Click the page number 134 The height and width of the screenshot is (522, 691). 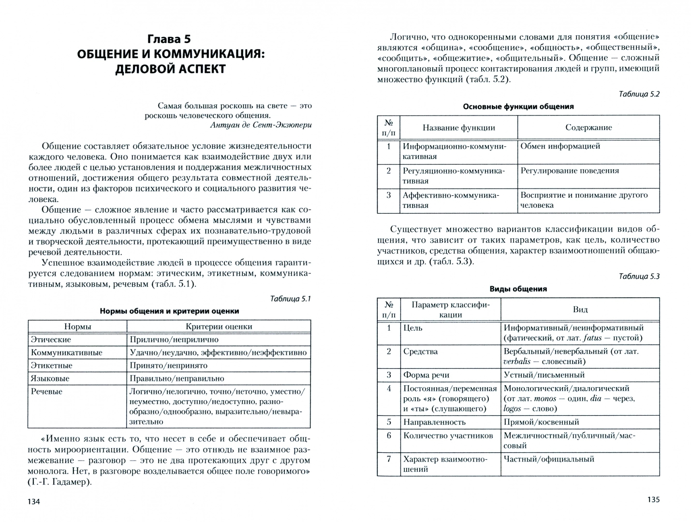[34, 502]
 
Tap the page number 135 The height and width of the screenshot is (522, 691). [653, 500]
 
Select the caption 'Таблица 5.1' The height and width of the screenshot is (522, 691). [290, 299]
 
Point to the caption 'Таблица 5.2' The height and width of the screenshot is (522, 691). [639, 94]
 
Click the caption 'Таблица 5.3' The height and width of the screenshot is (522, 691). [639, 276]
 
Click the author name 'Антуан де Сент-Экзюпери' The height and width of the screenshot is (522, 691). [261, 125]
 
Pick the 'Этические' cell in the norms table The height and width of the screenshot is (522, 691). [51, 340]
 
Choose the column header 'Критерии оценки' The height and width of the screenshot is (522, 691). [219, 327]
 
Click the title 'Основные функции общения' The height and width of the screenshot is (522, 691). [518, 107]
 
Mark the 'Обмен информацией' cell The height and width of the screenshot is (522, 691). [560, 146]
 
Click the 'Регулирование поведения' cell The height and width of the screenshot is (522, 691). [569, 171]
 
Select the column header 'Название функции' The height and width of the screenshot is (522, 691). [458, 128]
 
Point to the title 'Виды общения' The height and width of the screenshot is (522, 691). [518, 289]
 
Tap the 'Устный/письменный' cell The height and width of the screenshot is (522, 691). [544, 375]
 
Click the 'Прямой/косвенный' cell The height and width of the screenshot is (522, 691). [541, 422]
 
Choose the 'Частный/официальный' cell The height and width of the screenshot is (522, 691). [548, 459]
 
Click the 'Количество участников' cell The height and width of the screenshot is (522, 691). [448, 435]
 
